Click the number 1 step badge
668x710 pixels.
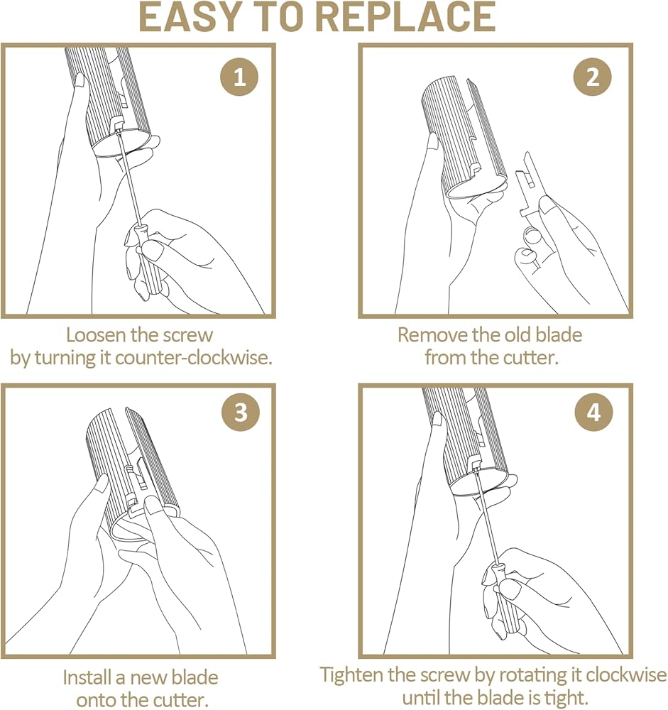pyautogui.click(x=239, y=77)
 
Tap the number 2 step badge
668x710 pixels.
pyautogui.click(x=592, y=77)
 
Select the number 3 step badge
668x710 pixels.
pyautogui.click(x=241, y=412)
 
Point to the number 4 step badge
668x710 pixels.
pyautogui.click(x=593, y=412)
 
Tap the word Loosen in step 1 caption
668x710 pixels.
pyautogui.click(x=96, y=335)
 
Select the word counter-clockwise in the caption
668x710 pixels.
pyautogui.click(x=193, y=358)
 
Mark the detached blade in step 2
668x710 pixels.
pyautogui.click(x=528, y=185)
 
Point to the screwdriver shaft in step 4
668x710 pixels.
pyautogui.click(x=486, y=517)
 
